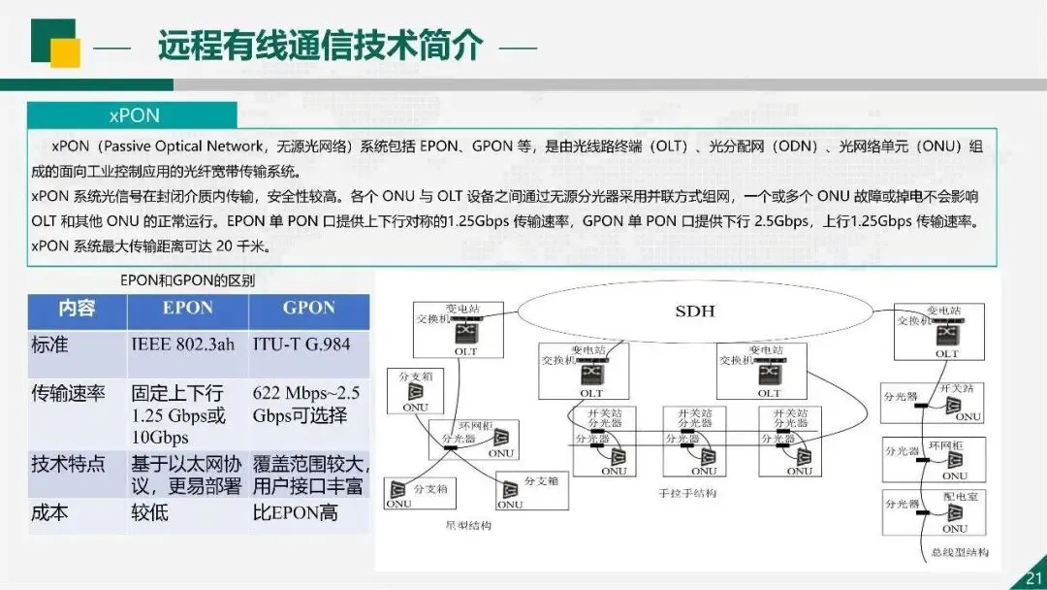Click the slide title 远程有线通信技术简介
pos(319,46)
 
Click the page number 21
pos(1032,578)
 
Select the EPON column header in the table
pos(187,309)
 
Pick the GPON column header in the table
pos(308,309)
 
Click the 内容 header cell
pos(77,309)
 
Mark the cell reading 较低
pos(149,512)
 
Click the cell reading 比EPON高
pos(296,512)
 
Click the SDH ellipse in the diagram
pos(694,311)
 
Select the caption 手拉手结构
pos(687,494)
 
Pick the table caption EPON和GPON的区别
pos(187,280)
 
